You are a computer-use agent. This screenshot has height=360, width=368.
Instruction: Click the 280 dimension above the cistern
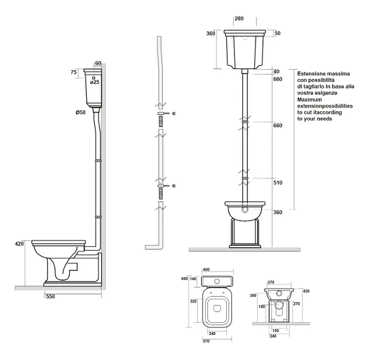tap(239, 18)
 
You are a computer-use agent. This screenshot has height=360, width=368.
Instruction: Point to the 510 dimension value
tap(278, 183)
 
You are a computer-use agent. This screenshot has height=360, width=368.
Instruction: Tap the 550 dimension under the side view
tap(50, 297)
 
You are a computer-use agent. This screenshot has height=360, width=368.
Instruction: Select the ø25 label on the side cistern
tap(95, 82)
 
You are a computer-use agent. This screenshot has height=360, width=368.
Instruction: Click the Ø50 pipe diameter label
tap(81, 113)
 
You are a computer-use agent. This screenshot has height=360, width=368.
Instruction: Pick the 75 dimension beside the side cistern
tap(74, 72)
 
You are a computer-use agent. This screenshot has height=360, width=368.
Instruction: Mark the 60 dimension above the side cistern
tap(98, 63)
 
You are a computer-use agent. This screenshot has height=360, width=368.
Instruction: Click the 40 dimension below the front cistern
tap(277, 71)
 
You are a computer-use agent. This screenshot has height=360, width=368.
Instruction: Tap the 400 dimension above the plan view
tap(206, 270)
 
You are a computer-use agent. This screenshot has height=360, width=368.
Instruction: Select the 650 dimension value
tap(185, 278)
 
